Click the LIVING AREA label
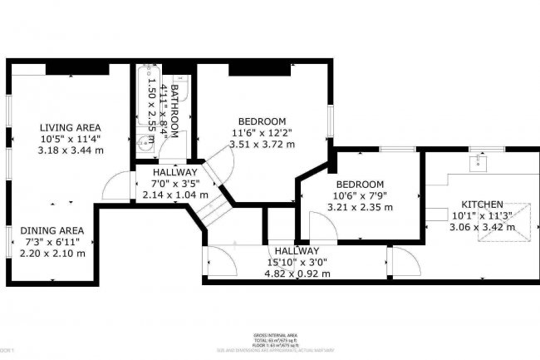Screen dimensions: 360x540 [x=70, y=127]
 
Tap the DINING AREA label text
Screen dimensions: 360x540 [x=52, y=230]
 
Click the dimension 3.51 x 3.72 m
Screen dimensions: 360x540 [x=262, y=143]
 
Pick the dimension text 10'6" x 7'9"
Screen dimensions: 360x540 [x=359, y=195]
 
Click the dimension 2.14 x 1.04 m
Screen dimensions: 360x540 [x=174, y=194]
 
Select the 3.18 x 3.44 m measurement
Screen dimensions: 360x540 [x=70, y=150]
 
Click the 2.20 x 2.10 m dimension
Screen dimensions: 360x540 [x=52, y=254]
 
